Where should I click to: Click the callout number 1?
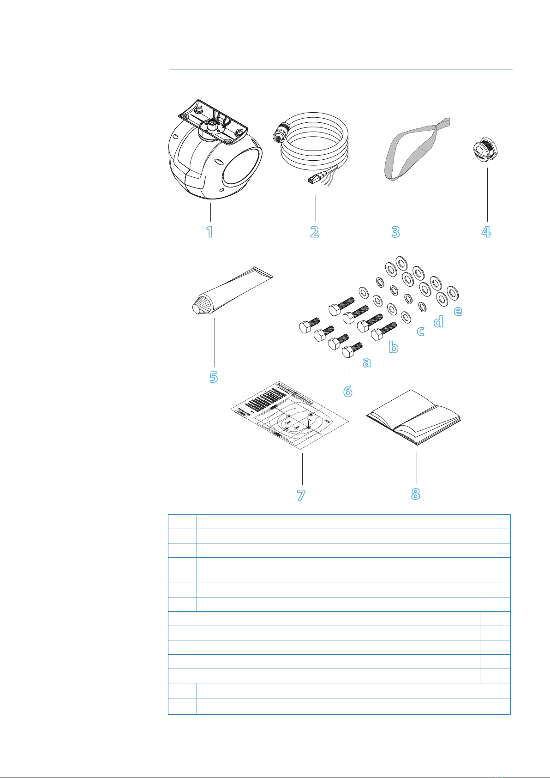pyautogui.click(x=209, y=231)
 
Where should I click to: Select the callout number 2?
pyautogui.click(x=315, y=231)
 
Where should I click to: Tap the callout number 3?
pyautogui.click(x=395, y=231)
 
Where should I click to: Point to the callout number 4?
pyautogui.click(x=486, y=231)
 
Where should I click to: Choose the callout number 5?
pyautogui.click(x=213, y=377)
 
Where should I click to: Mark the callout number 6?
pyautogui.click(x=348, y=391)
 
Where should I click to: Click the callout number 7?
pyautogui.click(x=301, y=495)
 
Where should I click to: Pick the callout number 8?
pyautogui.click(x=415, y=494)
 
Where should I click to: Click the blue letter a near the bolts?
pyautogui.click(x=366, y=363)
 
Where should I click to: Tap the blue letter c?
pyautogui.click(x=420, y=331)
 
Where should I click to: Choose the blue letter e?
pyautogui.click(x=458, y=311)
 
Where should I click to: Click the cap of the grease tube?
pyautogui.click(x=200, y=307)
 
